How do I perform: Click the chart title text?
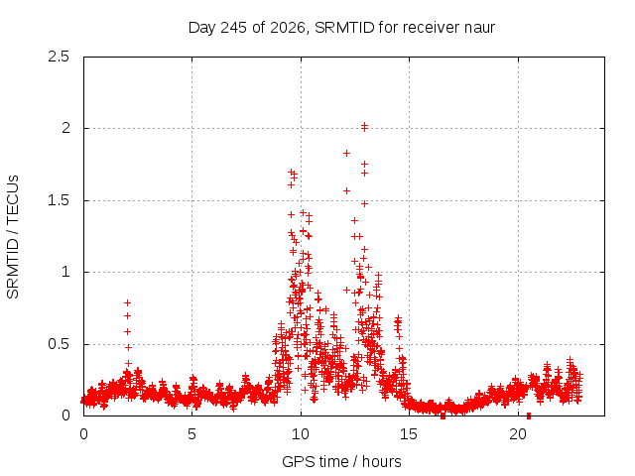(x=341, y=28)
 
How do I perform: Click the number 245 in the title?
(x=234, y=28)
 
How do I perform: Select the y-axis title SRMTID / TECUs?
(x=13, y=237)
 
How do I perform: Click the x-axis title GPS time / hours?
(x=341, y=461)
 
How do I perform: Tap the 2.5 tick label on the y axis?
(x=59, y=57)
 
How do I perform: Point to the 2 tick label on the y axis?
(x=65, y=128)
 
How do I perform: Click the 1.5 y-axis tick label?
(x=59, y=200)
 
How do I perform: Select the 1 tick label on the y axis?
(x=65, y=272)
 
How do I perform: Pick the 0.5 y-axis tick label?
(x=59, y=344)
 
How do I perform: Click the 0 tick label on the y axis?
(x=65, y=416)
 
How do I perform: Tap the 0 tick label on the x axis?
(x=83, y=434)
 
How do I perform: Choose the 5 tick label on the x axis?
(x=191, y=434)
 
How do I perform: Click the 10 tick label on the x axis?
(x=301, y=434)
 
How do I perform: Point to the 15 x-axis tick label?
(x=409, y=434)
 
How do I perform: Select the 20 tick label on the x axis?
(x=518, y=434)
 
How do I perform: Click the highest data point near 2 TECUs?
(x=364, y=126)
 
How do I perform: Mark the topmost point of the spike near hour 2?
(x=128, y=302)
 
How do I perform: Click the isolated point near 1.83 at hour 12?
(x=346, y=153)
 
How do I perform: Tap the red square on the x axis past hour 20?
(x=529, y=416)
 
